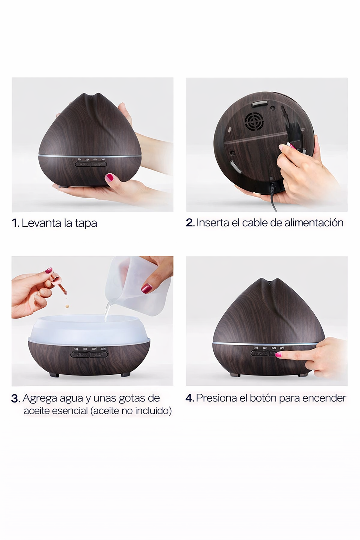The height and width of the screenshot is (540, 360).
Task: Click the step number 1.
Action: point(15,223)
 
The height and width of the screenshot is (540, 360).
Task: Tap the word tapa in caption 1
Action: point(85,224)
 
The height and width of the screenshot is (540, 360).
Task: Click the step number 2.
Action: point(190,223)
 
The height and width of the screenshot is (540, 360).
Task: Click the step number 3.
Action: point(15,399)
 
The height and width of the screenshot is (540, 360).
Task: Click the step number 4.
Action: point(189,398)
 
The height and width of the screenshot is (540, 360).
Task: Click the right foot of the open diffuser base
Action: point(126,375)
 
